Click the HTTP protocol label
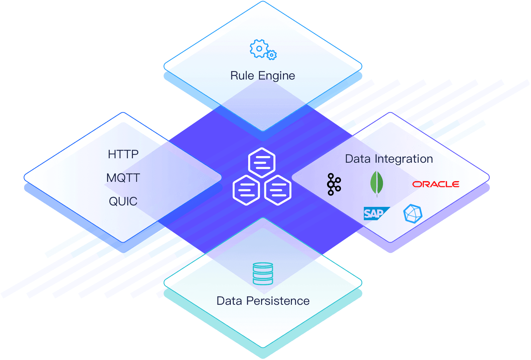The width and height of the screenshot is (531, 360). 123,154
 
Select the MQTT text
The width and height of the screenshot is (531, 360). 123,178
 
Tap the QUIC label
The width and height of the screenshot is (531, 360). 123,201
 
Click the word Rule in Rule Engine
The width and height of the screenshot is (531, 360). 242,75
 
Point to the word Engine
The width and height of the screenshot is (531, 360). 276,76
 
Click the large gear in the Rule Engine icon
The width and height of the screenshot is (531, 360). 259,49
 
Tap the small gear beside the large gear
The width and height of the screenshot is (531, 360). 272,55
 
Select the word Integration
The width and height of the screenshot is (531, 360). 404,159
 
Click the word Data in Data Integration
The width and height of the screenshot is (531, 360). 358,159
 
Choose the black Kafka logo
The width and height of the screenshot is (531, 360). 334,184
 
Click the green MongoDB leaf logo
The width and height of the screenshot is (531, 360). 376,183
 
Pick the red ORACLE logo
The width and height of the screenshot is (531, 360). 436,184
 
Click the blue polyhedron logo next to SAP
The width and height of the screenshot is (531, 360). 412,213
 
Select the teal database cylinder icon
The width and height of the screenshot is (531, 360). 263,273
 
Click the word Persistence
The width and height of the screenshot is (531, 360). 278,301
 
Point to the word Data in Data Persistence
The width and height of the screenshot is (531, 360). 229,301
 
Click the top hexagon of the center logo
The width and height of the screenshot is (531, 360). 262,162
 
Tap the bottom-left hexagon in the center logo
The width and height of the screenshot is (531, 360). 246,190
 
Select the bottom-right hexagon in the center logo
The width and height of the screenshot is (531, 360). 278,190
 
